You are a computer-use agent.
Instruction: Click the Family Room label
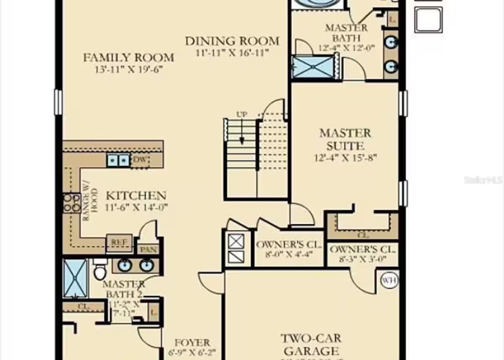128,58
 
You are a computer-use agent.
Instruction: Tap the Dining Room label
232,41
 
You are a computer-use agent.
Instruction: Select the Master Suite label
345,139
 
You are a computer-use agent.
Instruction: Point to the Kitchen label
136,195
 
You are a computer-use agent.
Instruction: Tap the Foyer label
192,343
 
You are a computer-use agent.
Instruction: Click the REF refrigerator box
119,242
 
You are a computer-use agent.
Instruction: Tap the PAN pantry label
148,250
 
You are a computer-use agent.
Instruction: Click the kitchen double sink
118,160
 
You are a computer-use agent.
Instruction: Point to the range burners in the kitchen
71,203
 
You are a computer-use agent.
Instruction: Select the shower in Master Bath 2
75,278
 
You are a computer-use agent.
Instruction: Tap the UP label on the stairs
241,114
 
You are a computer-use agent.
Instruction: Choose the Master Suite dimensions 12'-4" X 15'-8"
345,158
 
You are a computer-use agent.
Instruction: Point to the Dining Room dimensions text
232,53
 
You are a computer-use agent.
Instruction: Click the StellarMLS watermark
483,180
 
